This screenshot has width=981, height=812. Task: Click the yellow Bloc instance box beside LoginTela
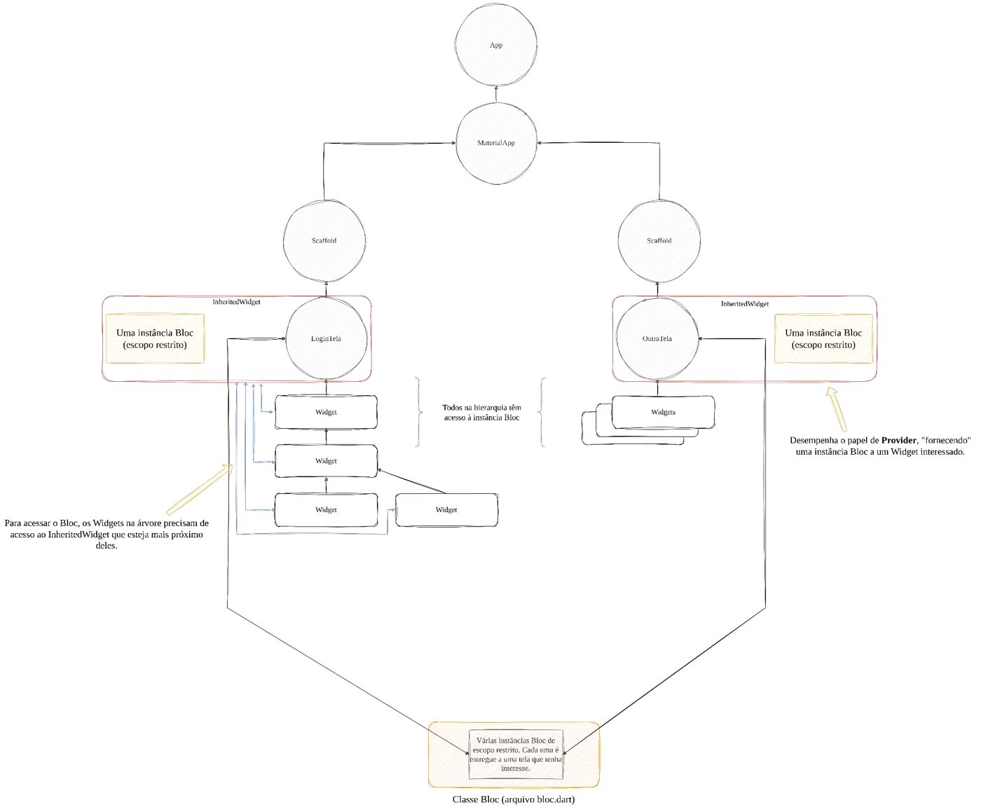[155, 339]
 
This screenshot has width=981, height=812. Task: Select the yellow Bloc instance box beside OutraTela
[823, 339]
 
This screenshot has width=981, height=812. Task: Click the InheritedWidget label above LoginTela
[236, 302]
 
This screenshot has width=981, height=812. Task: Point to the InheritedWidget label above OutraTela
[745, 304]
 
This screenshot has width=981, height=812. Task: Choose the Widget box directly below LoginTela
[326, 412]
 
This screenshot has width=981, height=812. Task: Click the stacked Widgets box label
[663, 412]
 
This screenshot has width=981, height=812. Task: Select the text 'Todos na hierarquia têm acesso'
[481, 412]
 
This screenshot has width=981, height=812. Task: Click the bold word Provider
[898, 440]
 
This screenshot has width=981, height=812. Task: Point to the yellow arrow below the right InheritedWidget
[837, 409]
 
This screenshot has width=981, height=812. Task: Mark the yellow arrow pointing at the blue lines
[200, 489]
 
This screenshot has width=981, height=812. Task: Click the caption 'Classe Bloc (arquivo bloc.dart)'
[514, 799]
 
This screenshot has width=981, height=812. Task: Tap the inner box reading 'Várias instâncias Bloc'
[516, 755]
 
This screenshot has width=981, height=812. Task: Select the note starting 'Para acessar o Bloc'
[107, 535]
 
